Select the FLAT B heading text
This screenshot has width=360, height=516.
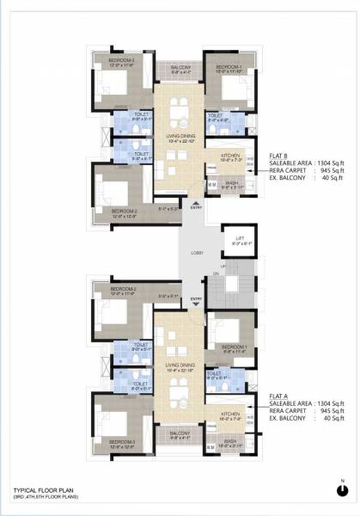[283, 155]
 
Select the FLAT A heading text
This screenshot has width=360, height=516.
[283, 396]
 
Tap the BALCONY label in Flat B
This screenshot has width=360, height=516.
[180, 66]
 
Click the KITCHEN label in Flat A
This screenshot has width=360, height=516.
[230, 414]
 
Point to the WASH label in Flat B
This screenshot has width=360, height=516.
[232, 182]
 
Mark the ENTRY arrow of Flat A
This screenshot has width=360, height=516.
[196, 300]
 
